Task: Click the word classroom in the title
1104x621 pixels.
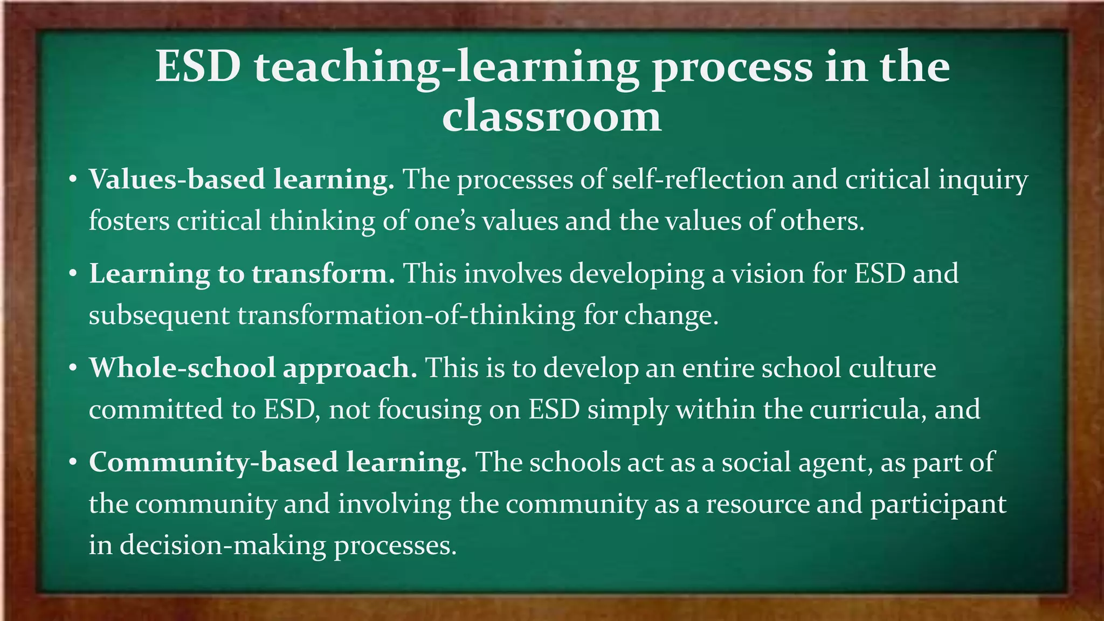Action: [551, 117]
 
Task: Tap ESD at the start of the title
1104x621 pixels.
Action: [198, 67]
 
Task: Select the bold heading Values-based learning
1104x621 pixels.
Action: [241, 180]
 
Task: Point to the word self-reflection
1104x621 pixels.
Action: [698, 180]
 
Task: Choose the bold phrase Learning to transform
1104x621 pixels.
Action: [242, 274]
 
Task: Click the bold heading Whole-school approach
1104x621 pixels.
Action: [253, 369]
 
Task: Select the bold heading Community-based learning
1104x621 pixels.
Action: [278, 463]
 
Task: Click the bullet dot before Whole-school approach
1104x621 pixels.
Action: [74, 369]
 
